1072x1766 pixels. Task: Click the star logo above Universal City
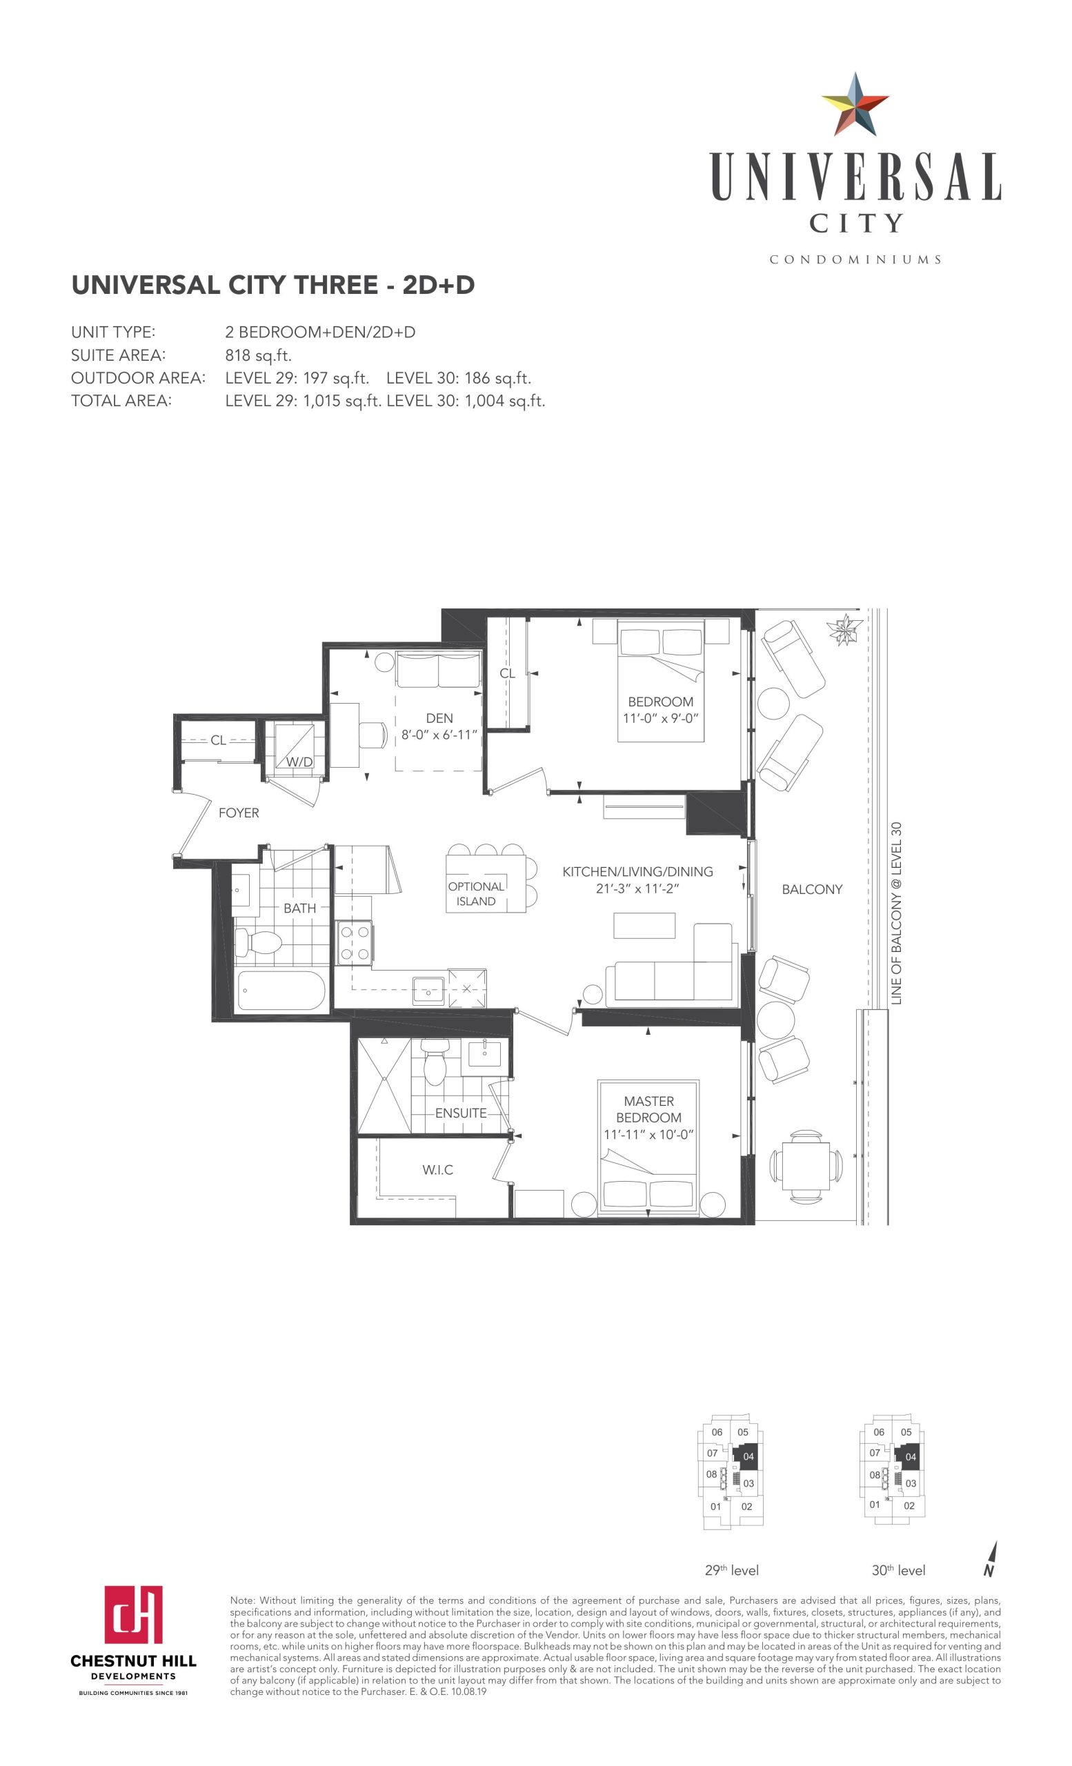point(855,105)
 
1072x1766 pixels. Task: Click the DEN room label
point(439,718)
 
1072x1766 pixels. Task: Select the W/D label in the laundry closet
point(299,762)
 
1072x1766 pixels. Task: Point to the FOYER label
point(239,813)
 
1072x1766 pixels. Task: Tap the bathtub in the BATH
point(280,991)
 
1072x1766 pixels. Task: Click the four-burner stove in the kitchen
point(355,942)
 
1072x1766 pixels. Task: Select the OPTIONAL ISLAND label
point(476,894)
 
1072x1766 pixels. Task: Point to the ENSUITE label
point(461,1113)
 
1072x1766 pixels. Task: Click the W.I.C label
point(438,1170)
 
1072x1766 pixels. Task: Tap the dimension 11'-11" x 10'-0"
point(649,1134)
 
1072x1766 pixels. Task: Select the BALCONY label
point(812,889)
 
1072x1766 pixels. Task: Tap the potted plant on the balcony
point(845,630)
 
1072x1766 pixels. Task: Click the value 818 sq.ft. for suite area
point(259,355)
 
